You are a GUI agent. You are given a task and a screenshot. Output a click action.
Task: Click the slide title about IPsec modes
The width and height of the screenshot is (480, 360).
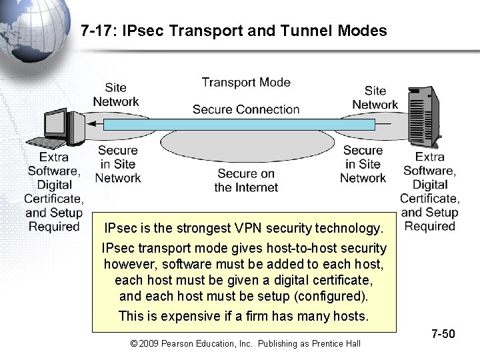[x=233, y=30]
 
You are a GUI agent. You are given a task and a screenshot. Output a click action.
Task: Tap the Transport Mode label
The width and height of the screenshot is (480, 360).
[x=246, y=82]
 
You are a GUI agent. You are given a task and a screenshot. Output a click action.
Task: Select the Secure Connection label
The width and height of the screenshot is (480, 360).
[x=246, y=109]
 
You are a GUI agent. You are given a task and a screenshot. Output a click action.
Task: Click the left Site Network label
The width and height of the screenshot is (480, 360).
[x=115, y=95]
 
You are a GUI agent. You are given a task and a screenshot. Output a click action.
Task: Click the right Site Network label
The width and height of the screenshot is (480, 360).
[x=375, y=97]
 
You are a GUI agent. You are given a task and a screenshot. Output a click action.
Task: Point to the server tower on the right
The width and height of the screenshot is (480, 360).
[x=426, y=117]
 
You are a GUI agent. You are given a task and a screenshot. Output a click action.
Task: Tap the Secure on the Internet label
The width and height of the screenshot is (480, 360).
[x=246, y=181]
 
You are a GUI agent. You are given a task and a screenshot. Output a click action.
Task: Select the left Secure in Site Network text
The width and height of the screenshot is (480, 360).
[x=118, y=164]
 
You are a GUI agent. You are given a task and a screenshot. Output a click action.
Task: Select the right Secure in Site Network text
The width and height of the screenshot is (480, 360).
[x=363, y=164]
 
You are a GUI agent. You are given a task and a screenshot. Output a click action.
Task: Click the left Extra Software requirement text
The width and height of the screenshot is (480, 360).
[x=54, y=192]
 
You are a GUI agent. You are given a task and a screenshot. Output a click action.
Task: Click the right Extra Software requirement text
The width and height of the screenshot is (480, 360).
[x=430, y=191]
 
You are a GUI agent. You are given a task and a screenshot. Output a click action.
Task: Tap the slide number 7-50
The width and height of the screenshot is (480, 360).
[x=443, y=333]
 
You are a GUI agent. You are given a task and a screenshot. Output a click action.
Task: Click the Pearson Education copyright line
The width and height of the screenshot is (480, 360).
[x=245, y=343]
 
